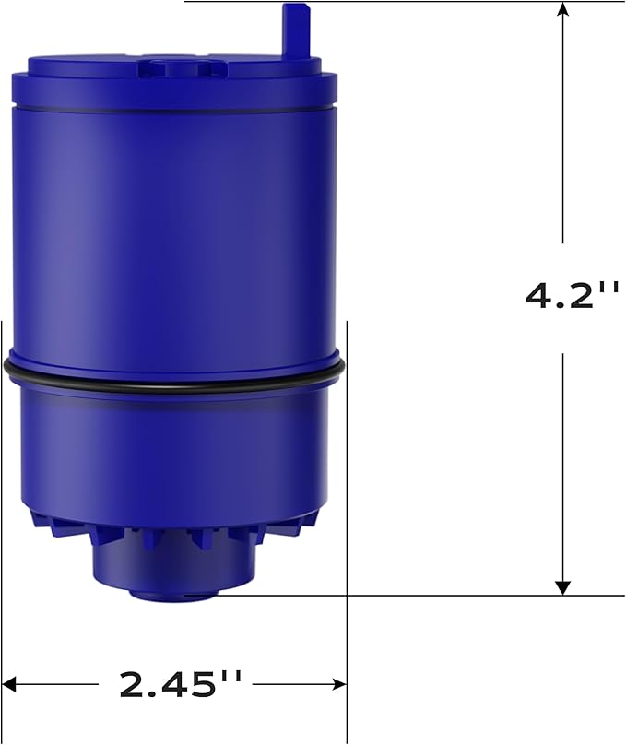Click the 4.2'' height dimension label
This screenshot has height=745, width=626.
click(x=572, y=295)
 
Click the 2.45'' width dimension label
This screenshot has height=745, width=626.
click(x=180, y=684)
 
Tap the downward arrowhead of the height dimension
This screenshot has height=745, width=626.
click(x=563, y=587)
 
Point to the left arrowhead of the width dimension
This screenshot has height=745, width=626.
click(x=11, y=684)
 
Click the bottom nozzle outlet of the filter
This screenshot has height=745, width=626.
click(x=172, y=590)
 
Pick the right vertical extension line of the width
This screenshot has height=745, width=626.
click(x=347, y=516)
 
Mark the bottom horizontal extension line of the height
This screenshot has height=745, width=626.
click(x=415, y=596)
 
